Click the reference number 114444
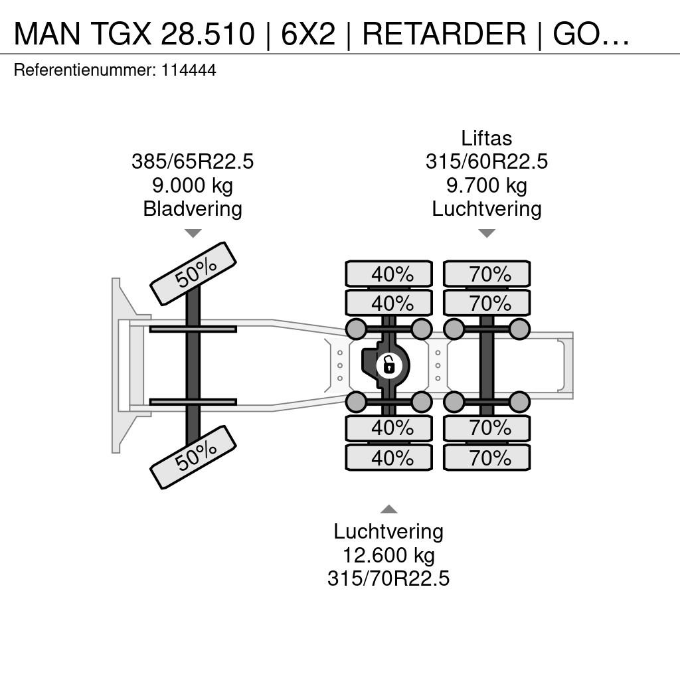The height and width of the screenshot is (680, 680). [189, 70]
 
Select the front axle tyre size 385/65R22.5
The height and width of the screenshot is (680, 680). [193, 161]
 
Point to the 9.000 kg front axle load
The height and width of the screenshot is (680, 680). [193, 185]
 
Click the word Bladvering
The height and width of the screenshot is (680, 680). [193, 209]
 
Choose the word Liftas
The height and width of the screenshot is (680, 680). [487, 138]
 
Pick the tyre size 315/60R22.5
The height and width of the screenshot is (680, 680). [487, 161]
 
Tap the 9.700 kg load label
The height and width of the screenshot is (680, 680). [487, 185]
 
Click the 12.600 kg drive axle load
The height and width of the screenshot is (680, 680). [388, 554]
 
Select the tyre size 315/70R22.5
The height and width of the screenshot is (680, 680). [388, 578]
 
